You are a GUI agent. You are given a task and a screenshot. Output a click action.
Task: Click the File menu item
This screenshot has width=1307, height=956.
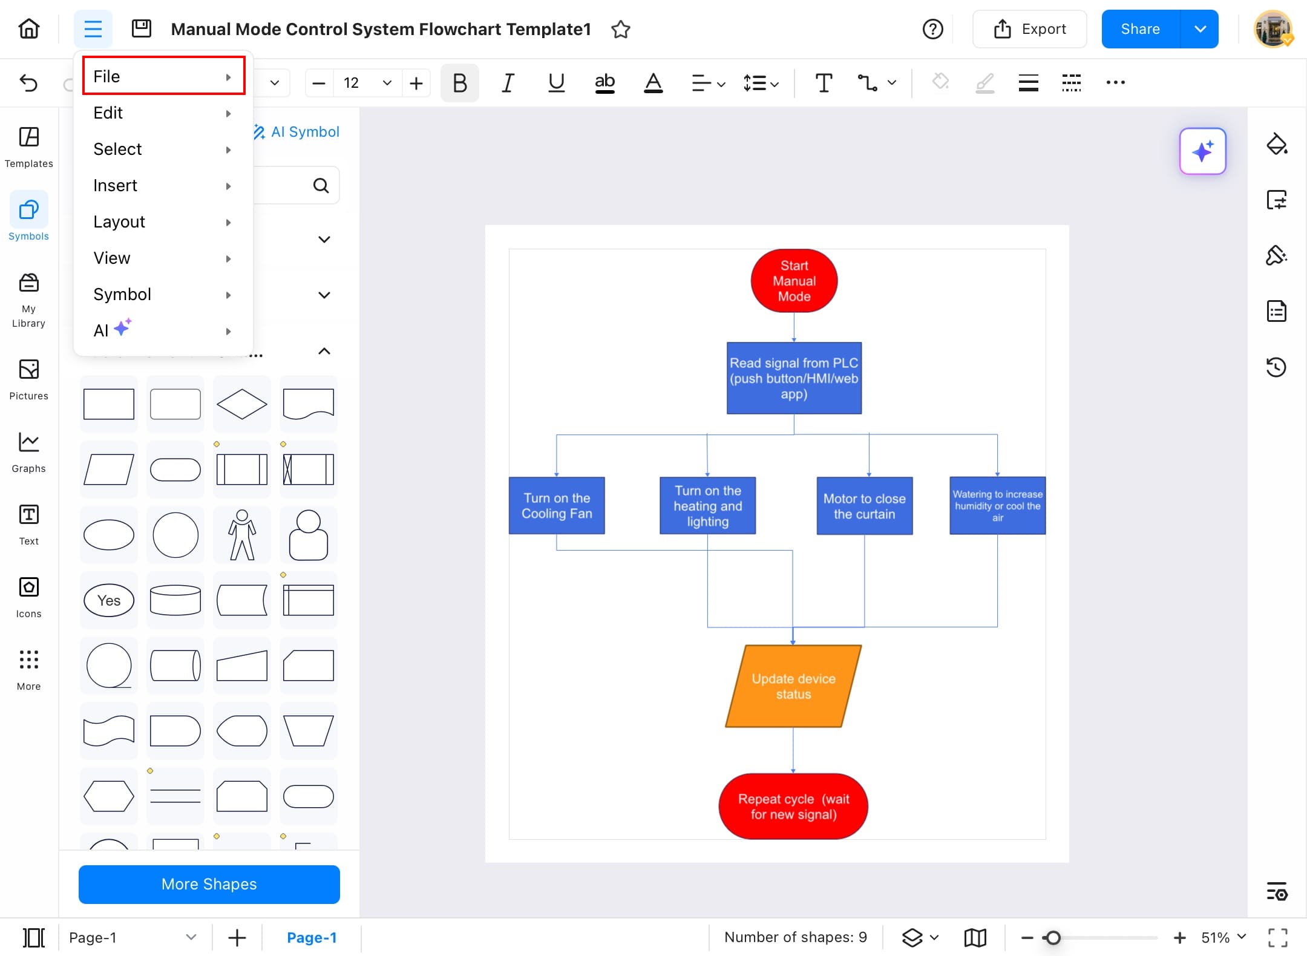(x=163, y=76)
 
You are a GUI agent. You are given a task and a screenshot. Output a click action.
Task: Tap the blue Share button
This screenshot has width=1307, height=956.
(x=1141, y=29)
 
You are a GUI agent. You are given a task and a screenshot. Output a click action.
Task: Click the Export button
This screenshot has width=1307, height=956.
(x=1030, y=29)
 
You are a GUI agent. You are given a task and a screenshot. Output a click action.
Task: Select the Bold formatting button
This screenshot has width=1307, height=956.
(x=460, y=82)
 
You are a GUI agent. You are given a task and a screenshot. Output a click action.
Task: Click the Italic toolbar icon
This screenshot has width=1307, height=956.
(x=508, y=82)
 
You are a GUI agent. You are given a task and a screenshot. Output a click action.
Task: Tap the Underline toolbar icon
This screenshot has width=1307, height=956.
(x=557, y=82)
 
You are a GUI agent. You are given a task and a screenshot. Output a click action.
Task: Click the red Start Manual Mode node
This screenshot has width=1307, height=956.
(x=794, y=281)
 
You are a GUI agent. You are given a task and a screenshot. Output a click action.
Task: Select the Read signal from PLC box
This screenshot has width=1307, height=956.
(x=794, y=378)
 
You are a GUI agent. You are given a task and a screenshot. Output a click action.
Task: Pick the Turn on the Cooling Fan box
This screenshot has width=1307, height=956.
(x=557, y=506)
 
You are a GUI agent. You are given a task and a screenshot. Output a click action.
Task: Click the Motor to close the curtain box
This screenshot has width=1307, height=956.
(x=865, y=506)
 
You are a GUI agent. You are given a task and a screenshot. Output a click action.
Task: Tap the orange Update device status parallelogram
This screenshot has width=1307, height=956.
(x=793, y=686)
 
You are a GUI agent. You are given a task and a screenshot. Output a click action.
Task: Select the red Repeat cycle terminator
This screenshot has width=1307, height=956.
(x=793, y=807)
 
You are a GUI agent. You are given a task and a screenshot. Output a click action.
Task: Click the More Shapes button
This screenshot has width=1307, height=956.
(x=209, y=884)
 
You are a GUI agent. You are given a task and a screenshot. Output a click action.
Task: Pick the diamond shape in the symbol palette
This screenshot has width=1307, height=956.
(x=242, y=404)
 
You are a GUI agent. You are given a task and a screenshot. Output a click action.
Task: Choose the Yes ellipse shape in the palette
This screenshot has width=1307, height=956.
(x=109, y=600)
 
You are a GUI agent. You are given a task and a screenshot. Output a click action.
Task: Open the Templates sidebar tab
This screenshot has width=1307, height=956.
(x=29, y=147)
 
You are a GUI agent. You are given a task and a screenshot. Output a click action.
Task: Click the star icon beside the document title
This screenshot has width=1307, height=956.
(x=621, y=29)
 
